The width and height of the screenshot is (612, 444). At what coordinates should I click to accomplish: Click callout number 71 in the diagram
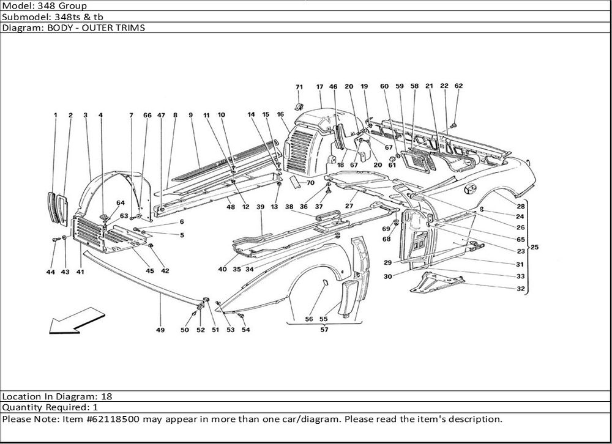tap(300, 87)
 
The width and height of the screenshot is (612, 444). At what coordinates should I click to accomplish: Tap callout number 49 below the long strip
tap(160, 330)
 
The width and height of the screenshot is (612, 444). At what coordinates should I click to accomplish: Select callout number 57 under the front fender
tap(324, 330)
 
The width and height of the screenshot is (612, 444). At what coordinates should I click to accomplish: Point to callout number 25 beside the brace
tap(534, 248)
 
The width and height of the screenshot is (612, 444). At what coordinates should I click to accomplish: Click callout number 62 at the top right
tap(458, 86)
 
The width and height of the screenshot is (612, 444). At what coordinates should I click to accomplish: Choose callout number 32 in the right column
tap(520, 289)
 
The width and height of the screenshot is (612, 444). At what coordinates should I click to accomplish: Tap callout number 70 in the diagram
tap(310, 182)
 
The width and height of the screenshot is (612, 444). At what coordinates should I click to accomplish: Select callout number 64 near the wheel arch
tap(120, 203)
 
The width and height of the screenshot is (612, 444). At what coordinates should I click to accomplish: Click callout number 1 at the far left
tap(55, 115)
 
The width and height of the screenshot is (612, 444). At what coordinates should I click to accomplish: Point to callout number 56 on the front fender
tap(308, 319)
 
